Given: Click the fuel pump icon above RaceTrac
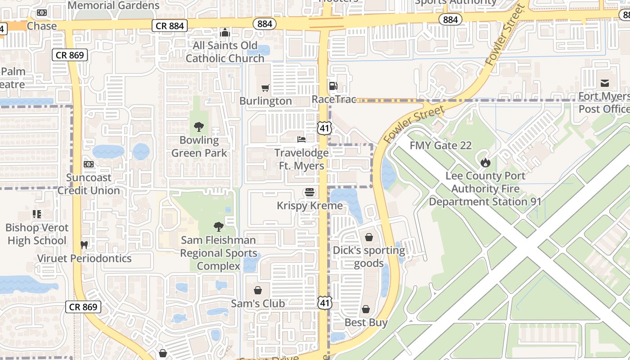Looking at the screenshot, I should pyautogui.click(x=333, y=86).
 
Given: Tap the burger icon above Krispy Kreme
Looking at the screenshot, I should pyautogui.click(x=309, y=193).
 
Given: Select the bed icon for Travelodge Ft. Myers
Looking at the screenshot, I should pyautogui.click(x=301, y=139).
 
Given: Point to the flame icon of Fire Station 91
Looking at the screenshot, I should pyautogui.click(x=485, y=162).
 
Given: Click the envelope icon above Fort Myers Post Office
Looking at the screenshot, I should pyautogui.click(x=604, y=83).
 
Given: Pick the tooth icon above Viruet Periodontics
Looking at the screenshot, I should pyautogui.click(x=84, y=245).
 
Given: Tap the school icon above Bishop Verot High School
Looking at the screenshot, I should pyautogui.click(x=37, y=214).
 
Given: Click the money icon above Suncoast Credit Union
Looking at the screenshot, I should pyautogui.click(x=89, y=164).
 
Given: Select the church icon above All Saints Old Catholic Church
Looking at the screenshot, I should pyautogui.click(x=225, y=32).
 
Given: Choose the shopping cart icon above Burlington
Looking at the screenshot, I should pyautogui.click(x=265, y=88).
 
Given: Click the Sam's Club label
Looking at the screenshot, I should pyautogui.click(x=258, y=304).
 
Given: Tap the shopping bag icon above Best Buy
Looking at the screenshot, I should pyautogui.click(x=366, y=309).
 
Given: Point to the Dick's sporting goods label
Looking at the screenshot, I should pyautogui.click(x=369, y=256).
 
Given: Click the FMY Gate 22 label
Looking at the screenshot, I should pyautogui.click(x=441, y=145).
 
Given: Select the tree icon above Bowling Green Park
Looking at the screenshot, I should pyautogui.click(x=198, y=127).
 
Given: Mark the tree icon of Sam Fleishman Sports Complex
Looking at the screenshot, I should pyautogui.click(x=218, y=226).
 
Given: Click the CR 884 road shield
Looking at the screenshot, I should pyautogui.click(x=170, y=26).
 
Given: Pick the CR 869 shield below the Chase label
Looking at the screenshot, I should pyautogui.click(x=70, y=55).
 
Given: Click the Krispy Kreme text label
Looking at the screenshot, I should pyautogui.click(x=310, y=206).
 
